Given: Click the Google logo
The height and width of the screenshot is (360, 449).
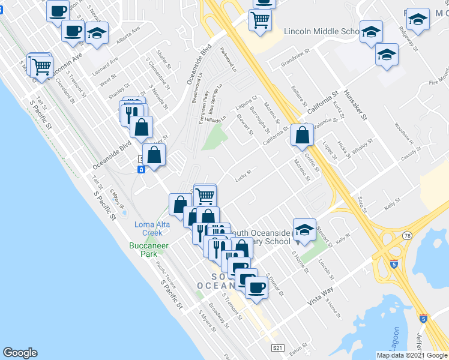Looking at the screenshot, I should pos(20,353).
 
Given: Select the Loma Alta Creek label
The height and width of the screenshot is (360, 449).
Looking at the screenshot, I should pos(151,228).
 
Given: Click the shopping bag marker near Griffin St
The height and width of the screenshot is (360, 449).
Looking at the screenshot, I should pos(301,136).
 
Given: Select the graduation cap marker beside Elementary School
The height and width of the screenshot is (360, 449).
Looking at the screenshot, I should pos(304,231).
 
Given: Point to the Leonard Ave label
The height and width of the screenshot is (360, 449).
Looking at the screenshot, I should pos(105,65).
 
